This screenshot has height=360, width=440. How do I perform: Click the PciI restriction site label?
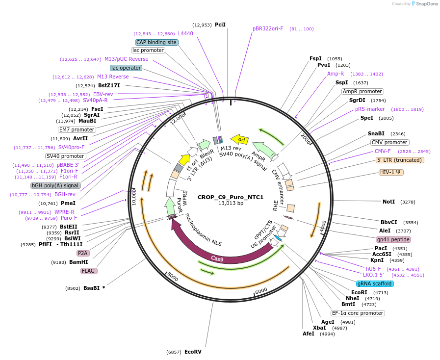point(220,25)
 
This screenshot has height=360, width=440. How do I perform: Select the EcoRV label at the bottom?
point(193,352)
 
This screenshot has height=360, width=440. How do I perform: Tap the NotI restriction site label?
point(388,202)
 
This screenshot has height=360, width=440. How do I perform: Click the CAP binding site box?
point(156,43)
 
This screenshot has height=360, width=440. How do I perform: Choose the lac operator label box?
point(126,68)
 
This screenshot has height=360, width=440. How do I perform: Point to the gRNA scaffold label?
point(375,283)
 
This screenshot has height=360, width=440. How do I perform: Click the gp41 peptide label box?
point(393,240)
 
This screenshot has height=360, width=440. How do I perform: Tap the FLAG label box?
point(89,271)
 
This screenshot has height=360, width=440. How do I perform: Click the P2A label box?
point(83,253)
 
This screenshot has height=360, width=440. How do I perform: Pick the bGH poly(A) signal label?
point(55,185)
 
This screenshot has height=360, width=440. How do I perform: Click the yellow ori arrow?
point(239,140)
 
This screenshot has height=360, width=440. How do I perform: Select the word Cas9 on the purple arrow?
point(218,258)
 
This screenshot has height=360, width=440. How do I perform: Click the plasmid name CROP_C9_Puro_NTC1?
point(231,197)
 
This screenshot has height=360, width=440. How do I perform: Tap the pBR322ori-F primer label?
point(268,28)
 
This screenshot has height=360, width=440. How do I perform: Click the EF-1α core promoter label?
point(358,313)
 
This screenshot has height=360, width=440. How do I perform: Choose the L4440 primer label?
point(185,33)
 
